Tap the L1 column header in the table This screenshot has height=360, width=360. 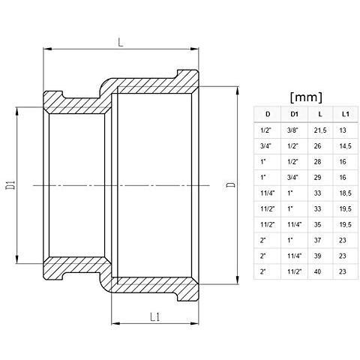[343, 114]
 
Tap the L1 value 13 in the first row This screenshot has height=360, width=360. [343, 130]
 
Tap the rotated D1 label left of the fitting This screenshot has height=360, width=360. [11, 184]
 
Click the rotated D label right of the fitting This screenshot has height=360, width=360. [230, 184]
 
